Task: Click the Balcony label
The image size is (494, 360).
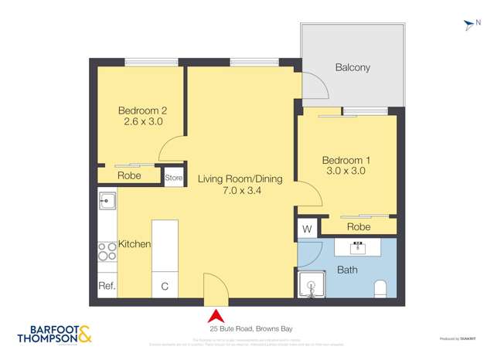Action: [x=353, y=67]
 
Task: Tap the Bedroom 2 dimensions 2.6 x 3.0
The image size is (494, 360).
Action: [x=143, y=121]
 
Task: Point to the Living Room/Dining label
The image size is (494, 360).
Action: [x=240, y=178]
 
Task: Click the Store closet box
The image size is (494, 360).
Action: [x=174, y=178]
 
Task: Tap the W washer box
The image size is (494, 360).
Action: [x=307, y=229]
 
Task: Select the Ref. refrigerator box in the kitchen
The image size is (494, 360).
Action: [x=107, y=286]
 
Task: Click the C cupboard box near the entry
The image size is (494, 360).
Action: [x=165, y=286]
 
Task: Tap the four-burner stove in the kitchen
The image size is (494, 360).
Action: [x=107, y=250]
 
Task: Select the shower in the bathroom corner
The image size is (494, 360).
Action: [x=312, y=284]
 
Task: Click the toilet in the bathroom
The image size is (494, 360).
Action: [x=380, y=289]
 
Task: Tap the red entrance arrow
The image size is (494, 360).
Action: [x=216, y=315]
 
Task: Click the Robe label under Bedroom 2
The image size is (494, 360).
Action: [x=129, y=176]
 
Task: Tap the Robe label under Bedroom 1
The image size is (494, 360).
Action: [x=358, y=227]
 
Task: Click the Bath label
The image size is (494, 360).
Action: [x=347, y=270]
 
